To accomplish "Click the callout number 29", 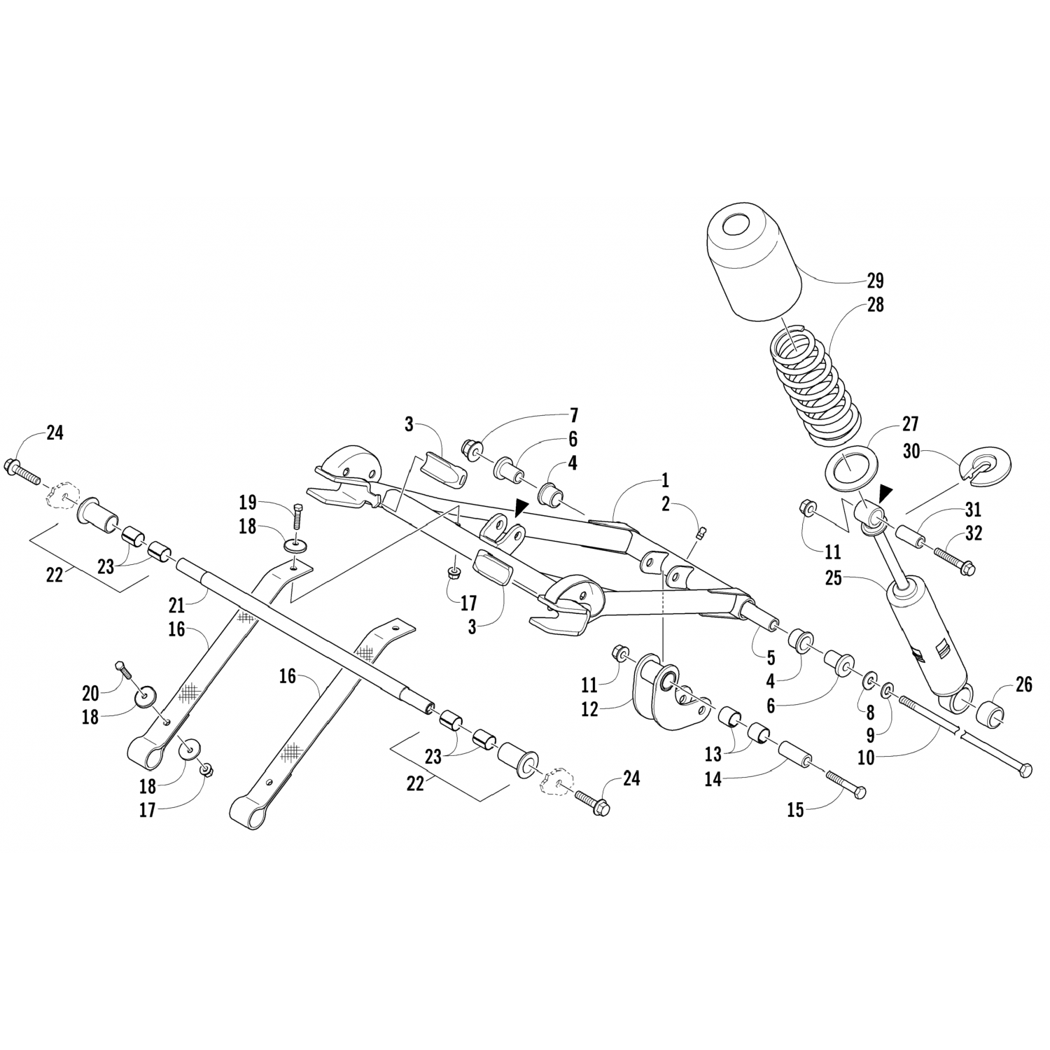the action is [874, 281].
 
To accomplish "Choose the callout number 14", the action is [713, 778].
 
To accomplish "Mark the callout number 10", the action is [866, 757].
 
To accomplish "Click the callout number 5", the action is [770, 657].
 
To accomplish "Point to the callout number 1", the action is [664, 480].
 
